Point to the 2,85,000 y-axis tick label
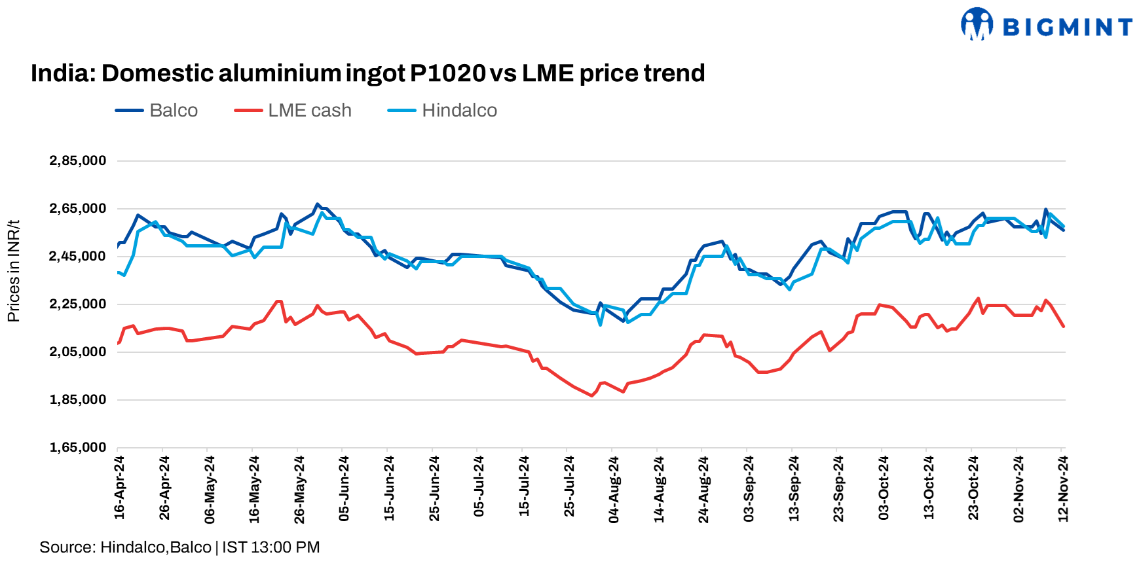click(77, 161)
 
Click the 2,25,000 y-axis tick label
click(77, 304)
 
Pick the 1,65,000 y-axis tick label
click(77, 448)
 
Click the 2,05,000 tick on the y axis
click(77, 352)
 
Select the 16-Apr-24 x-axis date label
click(119, 488)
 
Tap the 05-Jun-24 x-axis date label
click(344, 488)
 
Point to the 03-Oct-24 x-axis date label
click(884, 488)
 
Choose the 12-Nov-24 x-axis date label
click(1063, 488)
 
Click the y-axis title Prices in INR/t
click(13, 271)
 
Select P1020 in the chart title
click(448, 73)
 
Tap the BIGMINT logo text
click(1068, 27)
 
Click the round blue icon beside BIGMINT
click(977, 24)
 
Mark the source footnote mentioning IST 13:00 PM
click(179, 547)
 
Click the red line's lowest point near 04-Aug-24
click(592, 395)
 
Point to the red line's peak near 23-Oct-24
click(979, 299)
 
